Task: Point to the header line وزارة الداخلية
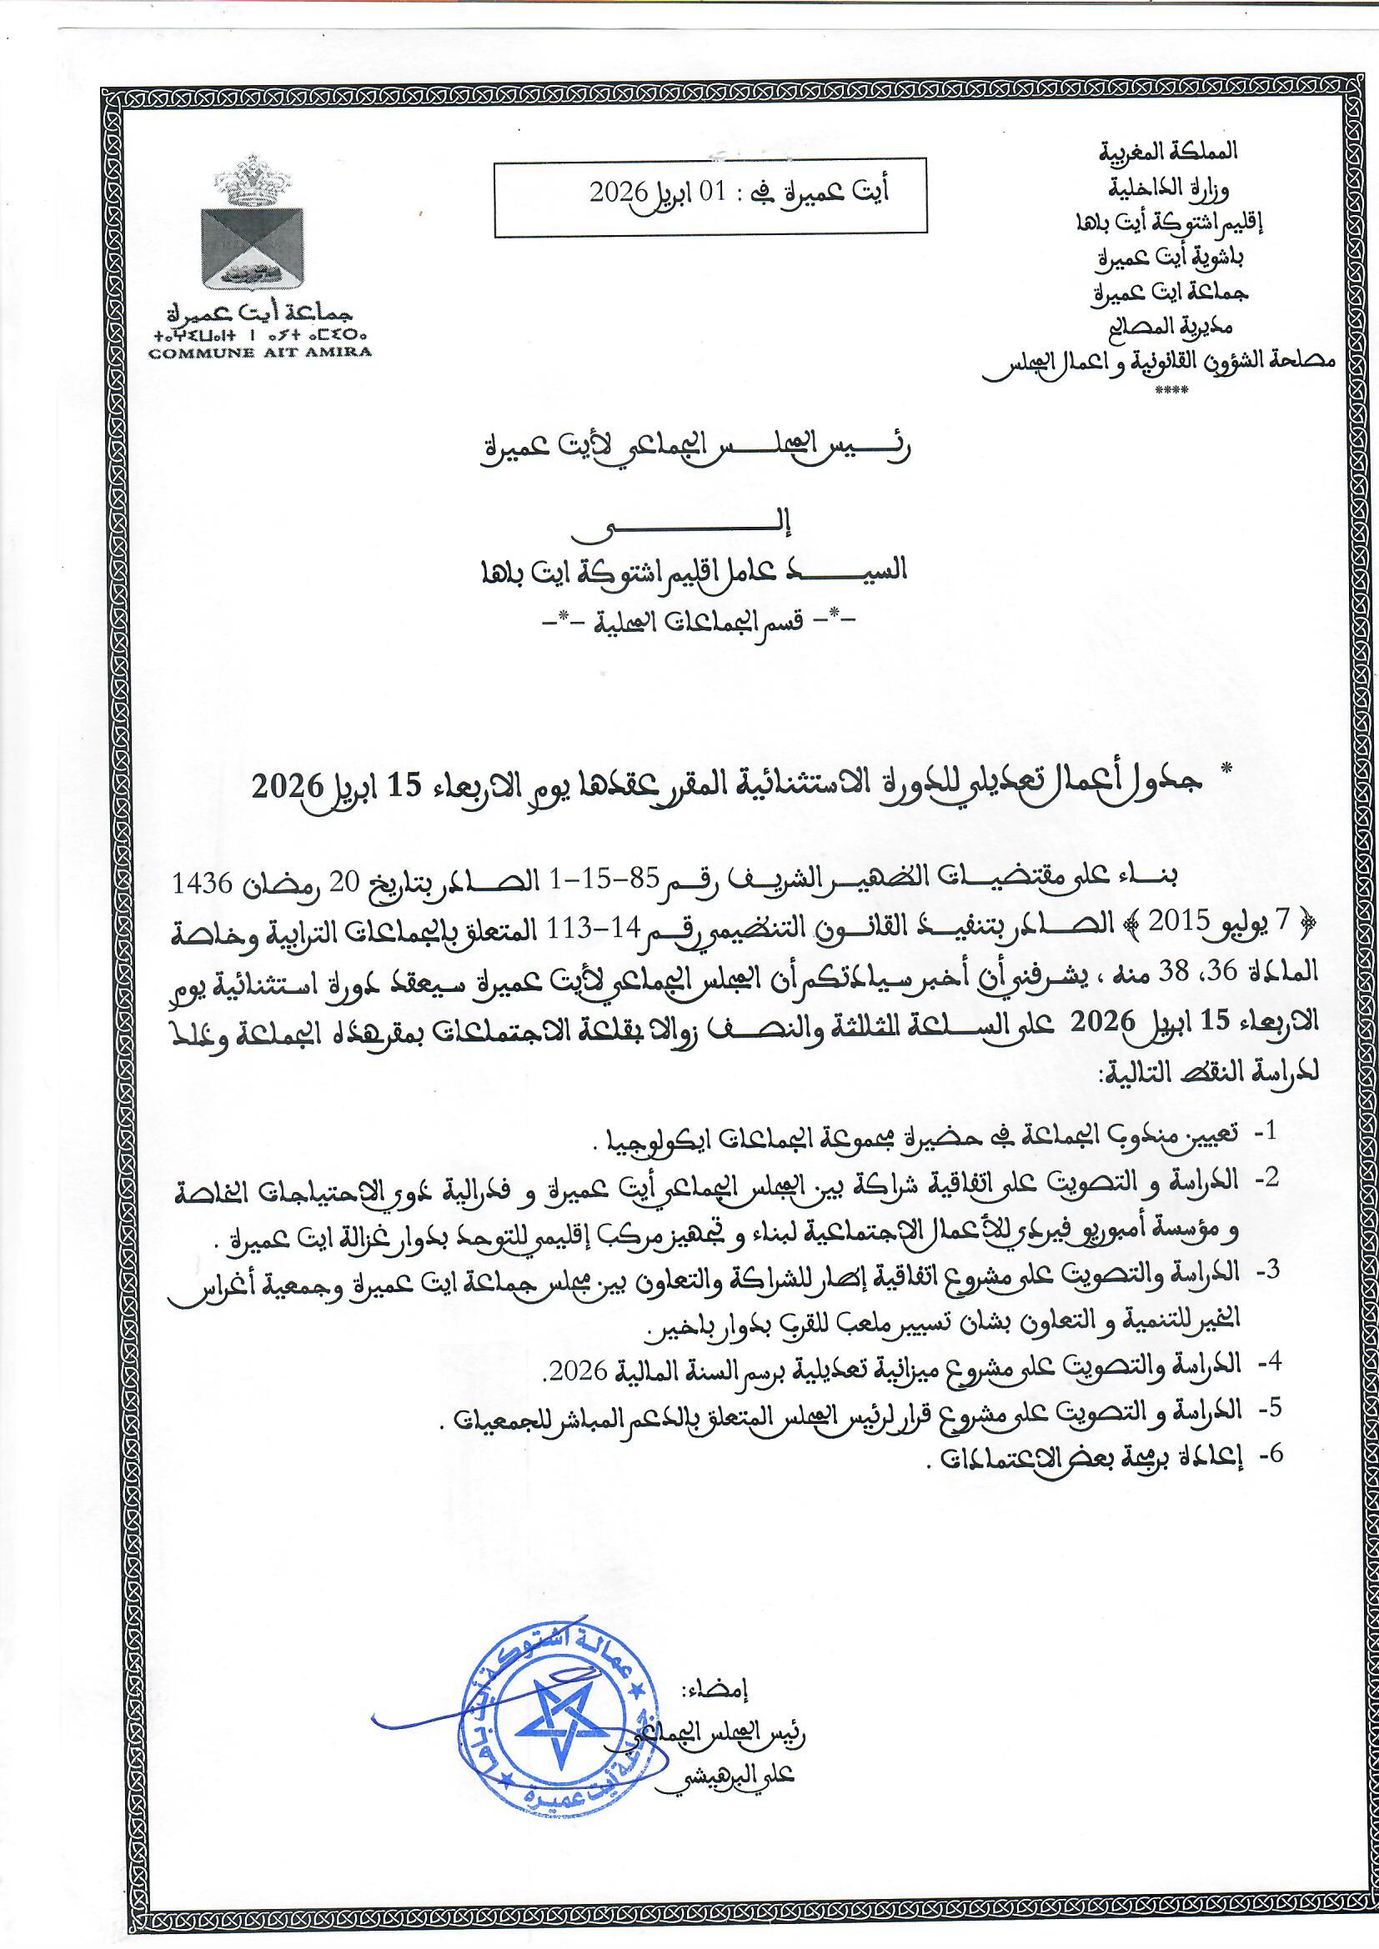[1185, 186]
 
